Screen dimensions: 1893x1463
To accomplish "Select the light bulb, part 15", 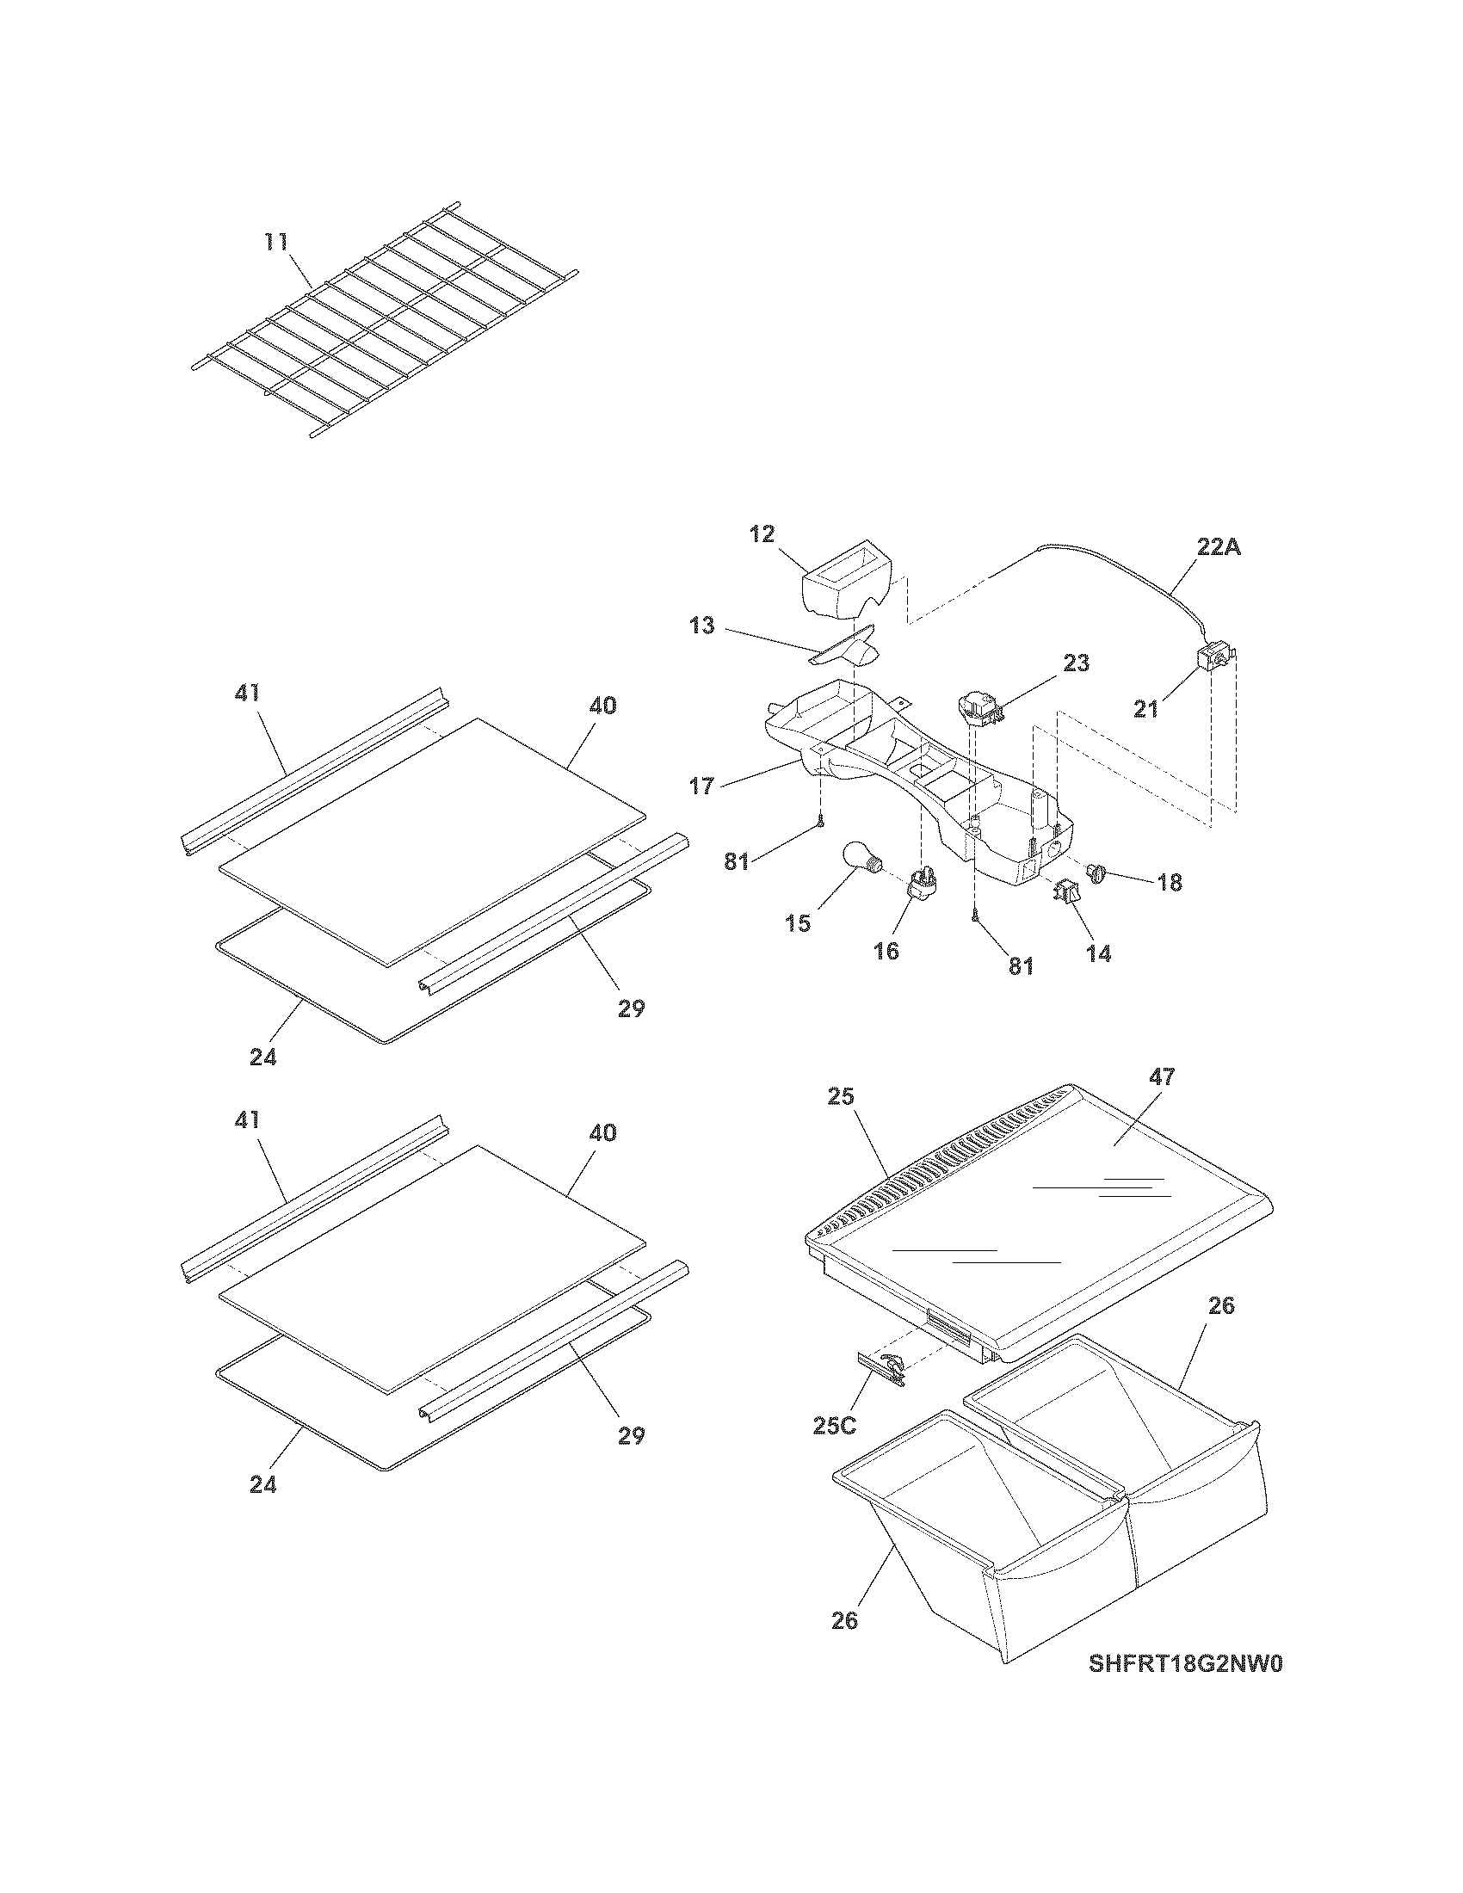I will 862,866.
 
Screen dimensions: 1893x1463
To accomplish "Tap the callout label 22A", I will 1219,547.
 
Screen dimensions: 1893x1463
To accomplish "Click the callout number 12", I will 762,534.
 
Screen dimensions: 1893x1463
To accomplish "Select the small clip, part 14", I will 1067,891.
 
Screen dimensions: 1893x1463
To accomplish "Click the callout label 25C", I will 836,1425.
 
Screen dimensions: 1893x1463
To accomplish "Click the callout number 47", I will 1162,1077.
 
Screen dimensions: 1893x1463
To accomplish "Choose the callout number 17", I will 701,786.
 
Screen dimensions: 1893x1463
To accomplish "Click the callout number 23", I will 1077,663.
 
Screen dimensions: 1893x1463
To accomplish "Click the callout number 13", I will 702,625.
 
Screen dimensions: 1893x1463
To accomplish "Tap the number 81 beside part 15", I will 736,862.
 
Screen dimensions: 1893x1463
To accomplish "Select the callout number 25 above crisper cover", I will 841,1096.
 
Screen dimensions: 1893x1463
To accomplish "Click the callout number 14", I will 1098,953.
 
